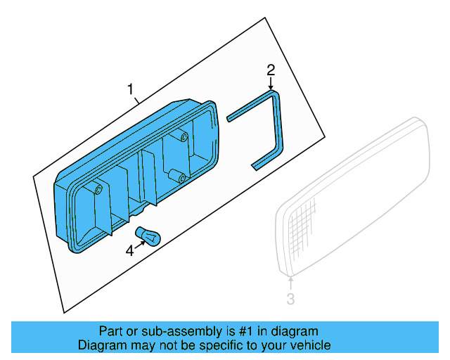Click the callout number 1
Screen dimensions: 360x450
tap(129, 89)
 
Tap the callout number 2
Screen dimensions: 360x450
tap(271, 70)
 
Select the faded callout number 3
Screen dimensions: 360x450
tap(290, 300)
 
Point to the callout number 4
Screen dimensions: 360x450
tap(129, 250)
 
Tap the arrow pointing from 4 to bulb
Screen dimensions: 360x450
tap(139, 244)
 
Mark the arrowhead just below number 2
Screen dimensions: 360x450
tap(271, 85)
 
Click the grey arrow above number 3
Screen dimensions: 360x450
tap(290, 283)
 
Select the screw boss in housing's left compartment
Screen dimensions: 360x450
tap(98, 191)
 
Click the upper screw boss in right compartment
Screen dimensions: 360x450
tap(183, 136)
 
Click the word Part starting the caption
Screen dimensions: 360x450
tap(110, 331)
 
